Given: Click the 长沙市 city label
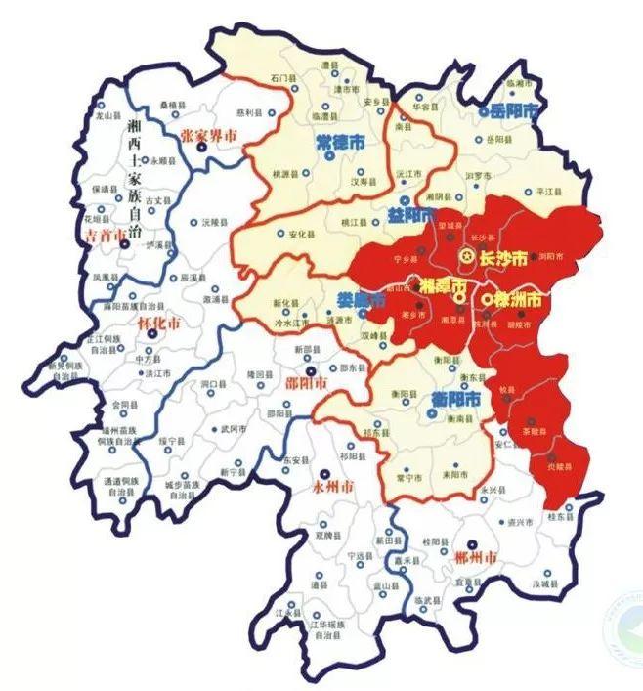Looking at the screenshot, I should point(506,258).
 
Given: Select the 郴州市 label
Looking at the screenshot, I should point(476,557).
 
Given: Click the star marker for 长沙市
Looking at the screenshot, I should point(467,257).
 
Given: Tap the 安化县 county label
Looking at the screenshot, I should point(299,235).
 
